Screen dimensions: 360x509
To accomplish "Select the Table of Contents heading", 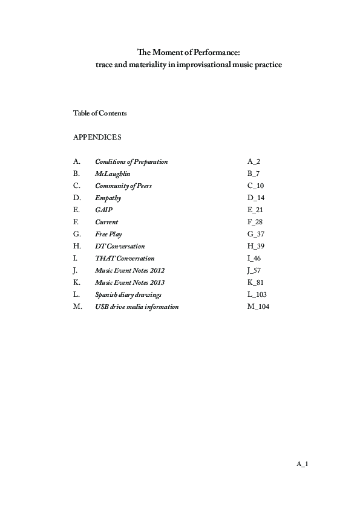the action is pyautogui.click(x=99, y=113).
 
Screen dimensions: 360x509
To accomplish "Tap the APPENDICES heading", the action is pyautogui.click(x=97, y=137).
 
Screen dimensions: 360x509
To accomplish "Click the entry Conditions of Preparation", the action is pyautogui.click(x=131, y=161).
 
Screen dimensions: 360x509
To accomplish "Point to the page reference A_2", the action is pyautogui.click(x=254, y=161).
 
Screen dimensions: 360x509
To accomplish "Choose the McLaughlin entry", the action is pyautogui.click(x=113, y=173).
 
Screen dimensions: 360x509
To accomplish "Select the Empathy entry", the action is pyautogui.click(x=108, y=198).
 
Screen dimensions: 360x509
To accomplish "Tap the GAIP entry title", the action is pyautogui.click(x=103, y=210).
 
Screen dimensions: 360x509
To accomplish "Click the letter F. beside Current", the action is pyautogui.click(x=76, y=222).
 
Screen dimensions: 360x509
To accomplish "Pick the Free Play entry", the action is pyautogui.click(x=108, y=234).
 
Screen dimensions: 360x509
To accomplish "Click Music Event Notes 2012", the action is pyautogui.click(x=129, y=270).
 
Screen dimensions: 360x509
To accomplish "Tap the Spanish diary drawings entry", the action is pyautogui.click(x=128, y=294).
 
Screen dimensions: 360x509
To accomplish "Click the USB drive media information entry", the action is pyautogui.click(x=137, y=306).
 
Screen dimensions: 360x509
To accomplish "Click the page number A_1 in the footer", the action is pyautogui.click(x=303, y=464).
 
